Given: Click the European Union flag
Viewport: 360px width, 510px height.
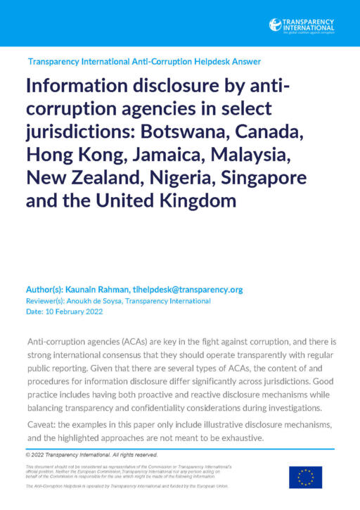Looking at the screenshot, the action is click(305, 477).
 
